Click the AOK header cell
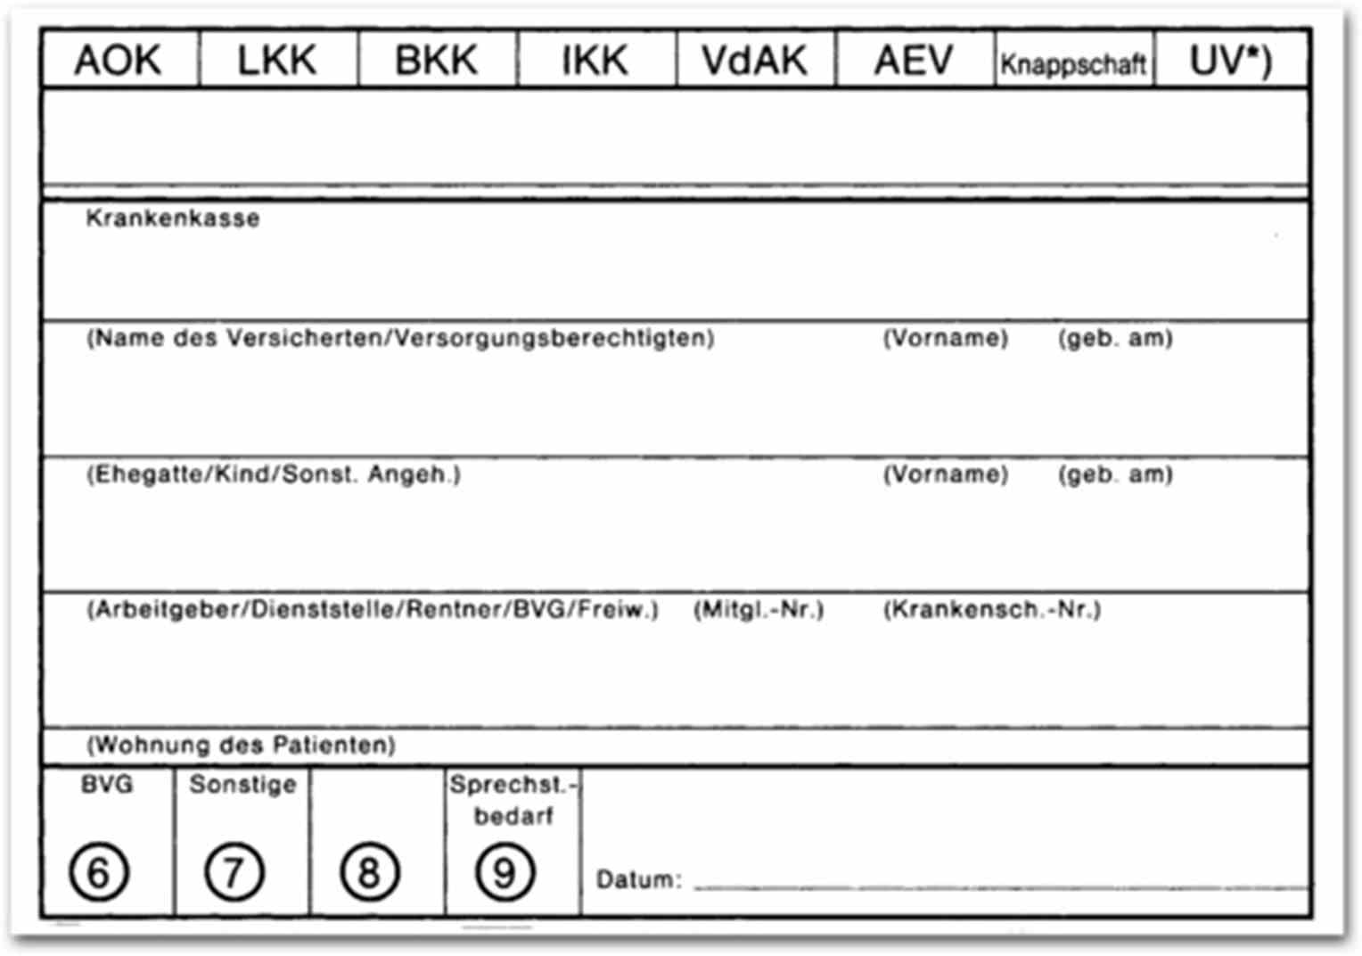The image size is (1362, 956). (119, 61)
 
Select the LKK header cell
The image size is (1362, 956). (277, 61)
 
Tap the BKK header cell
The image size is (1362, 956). (437, 61)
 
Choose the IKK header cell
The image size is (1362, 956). (595, 61)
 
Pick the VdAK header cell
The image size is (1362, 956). (754, 61)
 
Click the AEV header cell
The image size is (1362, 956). (914, 61)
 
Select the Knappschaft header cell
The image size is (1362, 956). (1073, 63)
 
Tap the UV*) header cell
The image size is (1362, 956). (1231, 61)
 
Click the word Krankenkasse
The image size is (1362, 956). (173, 218)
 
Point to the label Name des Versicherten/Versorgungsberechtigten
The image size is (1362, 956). (400, 338)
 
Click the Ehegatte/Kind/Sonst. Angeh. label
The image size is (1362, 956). (274, 474)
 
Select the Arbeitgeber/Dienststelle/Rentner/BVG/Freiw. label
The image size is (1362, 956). (373, 609)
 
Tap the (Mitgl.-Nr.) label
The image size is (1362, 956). (759, 609)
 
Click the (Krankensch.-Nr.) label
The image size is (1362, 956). (992, 609)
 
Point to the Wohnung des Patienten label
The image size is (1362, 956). (241, 745)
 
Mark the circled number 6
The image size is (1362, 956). (99, 871)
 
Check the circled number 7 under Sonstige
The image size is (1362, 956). (234, 871)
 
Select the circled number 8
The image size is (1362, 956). (369, 871)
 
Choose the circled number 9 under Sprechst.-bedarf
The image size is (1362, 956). (505, 871)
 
